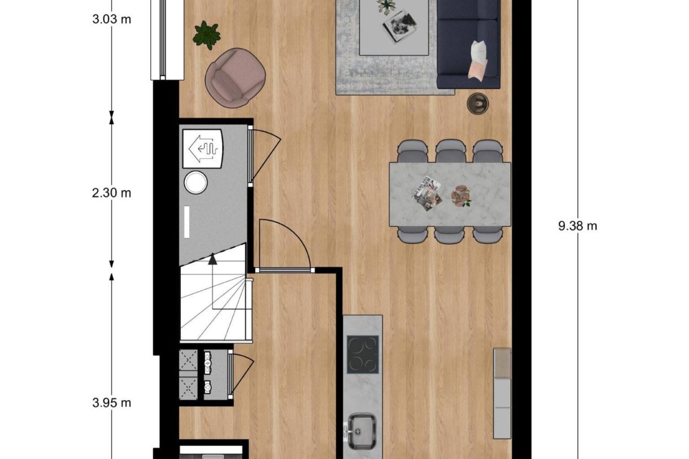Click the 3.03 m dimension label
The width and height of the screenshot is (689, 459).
111,19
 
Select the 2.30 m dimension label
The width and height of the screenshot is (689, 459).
111,193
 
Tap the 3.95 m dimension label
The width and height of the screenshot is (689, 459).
111,403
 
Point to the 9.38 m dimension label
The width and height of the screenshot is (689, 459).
577,226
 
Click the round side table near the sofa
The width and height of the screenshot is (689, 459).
478,103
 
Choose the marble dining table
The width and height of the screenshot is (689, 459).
450,194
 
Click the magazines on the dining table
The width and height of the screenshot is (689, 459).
426,195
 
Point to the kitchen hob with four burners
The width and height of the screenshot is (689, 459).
363,354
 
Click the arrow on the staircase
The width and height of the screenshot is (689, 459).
212,260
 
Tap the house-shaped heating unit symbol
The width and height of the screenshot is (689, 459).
203,148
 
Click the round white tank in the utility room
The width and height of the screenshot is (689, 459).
196,182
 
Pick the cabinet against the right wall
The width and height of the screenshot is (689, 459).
502,393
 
